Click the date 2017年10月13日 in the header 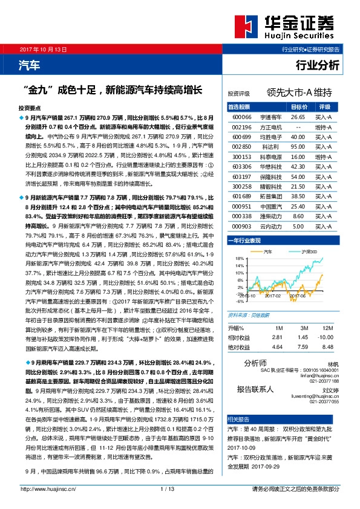tap(42, 48)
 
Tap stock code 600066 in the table tap(242, 116)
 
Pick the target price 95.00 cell tap(298, 147)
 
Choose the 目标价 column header tap(298, 106)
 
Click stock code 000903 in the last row tap(242, 227)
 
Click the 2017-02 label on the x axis tap(273, 296)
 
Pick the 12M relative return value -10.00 tap(326, 337)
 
